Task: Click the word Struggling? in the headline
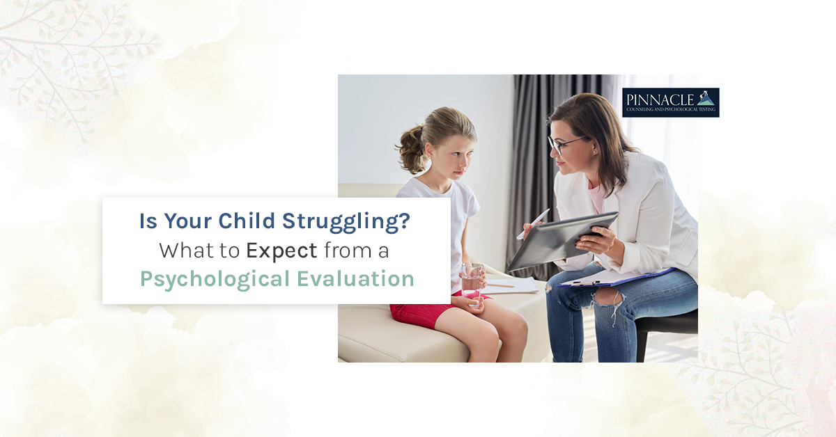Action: click(346, 222)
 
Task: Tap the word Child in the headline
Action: click(247, 221)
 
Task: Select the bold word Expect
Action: click(281, 251)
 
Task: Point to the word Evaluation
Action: click(356, 278)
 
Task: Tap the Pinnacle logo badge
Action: click(671, 102)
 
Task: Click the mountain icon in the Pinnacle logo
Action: click(704, 97)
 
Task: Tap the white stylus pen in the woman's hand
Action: click(533, 224)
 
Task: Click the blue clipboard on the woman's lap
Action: click(616, 278)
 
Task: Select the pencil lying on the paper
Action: click(500, 285)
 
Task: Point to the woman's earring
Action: click(594, 152)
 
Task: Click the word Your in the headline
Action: click(187, 221)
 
